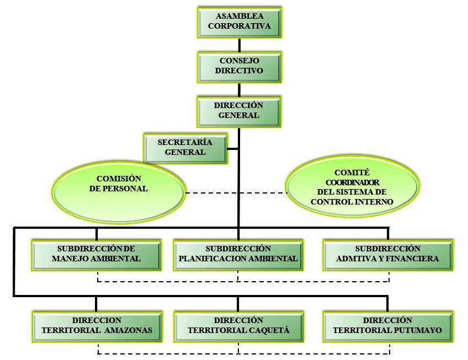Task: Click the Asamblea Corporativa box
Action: click(239, 22)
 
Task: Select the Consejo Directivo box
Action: click(239, 66)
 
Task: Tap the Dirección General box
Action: click(239, 110)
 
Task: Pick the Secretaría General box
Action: click(185, 147)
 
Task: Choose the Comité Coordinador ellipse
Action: click(352, 188)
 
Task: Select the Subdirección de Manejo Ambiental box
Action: click(96, 254)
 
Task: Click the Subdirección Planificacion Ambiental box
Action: click(238, 254)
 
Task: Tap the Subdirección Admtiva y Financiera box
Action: click(387, 254)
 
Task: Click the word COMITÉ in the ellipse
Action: click(352, 173)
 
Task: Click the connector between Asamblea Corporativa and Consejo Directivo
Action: click(239, 44)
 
